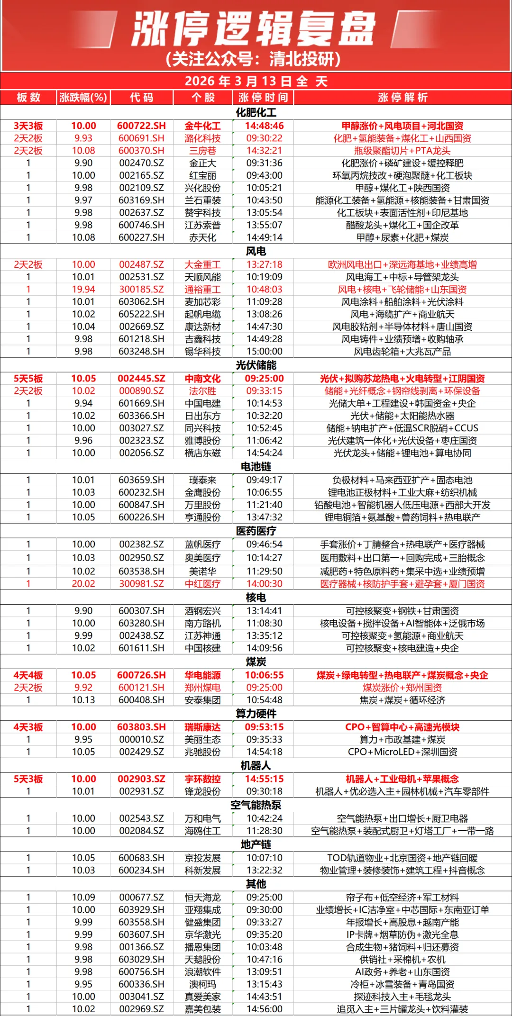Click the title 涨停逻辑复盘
pyautogui.click(x=255, y=29)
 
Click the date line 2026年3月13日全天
pyautogui.click(x=256, y=81)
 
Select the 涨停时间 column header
pyautogui.click(x=263, y=98)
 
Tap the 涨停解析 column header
pyautogui.click(x=402, y=98)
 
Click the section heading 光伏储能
pyautogui.click(x=256, y=365)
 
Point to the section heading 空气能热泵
pyautogui.click(x=256, y=805)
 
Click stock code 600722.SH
pyautogui.click(x=141, y=126)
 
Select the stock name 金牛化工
pyautogui.click(x=202, y=126)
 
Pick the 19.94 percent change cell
pyautogui.click(x=83, y=290)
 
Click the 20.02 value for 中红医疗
pyautogui.click(x=83, y=584)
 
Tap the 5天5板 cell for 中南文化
pyautogui.click(x=28, y=379)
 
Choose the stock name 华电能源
pyautogui.click(x=202, y=675)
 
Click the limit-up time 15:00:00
pyautogui.click(x=264, y=352)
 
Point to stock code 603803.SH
pyautogui.click(x=141, y=727)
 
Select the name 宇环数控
pyautogui.click(x=202, y=779)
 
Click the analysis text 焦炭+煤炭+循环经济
pyautogui.click(x=402, y=700)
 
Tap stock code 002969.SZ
pyautogui.click(x=141, y=1009)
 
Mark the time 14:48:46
pyautogui.click(x=264, y=126)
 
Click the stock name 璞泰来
pyautogui.click(x=202, y=480)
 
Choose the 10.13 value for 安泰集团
pyautogui.click(x=83, y=700)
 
